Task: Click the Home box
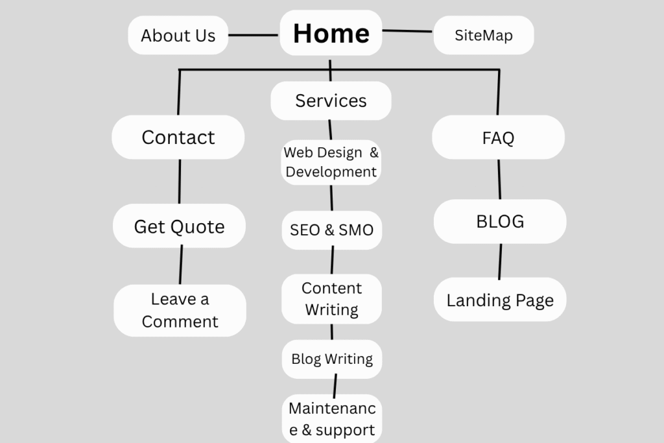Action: [x=331, y=33]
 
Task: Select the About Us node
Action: [x=178, y=35]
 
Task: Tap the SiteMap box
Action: [x=483, y=35]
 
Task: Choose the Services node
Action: [x=331, y=101]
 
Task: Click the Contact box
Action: [x=178, y=138]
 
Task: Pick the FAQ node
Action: [x=498, y=138]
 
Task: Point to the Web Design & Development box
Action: [x=331, y=162]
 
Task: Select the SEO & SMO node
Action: [x=331, y=230]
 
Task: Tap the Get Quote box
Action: [x=179, y=226]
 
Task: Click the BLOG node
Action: [x=500, y=221]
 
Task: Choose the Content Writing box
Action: [x=331, y=299]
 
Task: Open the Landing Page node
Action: [x=500, y=300]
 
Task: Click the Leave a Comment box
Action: [x=180, y=310]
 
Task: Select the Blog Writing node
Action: [x=332, y=359]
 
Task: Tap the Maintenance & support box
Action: [x=332, y=419]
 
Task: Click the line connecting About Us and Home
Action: [x=254, y=35]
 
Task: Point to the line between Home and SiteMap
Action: [x=407, y=30]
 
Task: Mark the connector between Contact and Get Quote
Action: [x=180, y=182]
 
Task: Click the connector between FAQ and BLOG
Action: [x=499, y=179]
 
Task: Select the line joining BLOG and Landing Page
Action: [x=500, y=261]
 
